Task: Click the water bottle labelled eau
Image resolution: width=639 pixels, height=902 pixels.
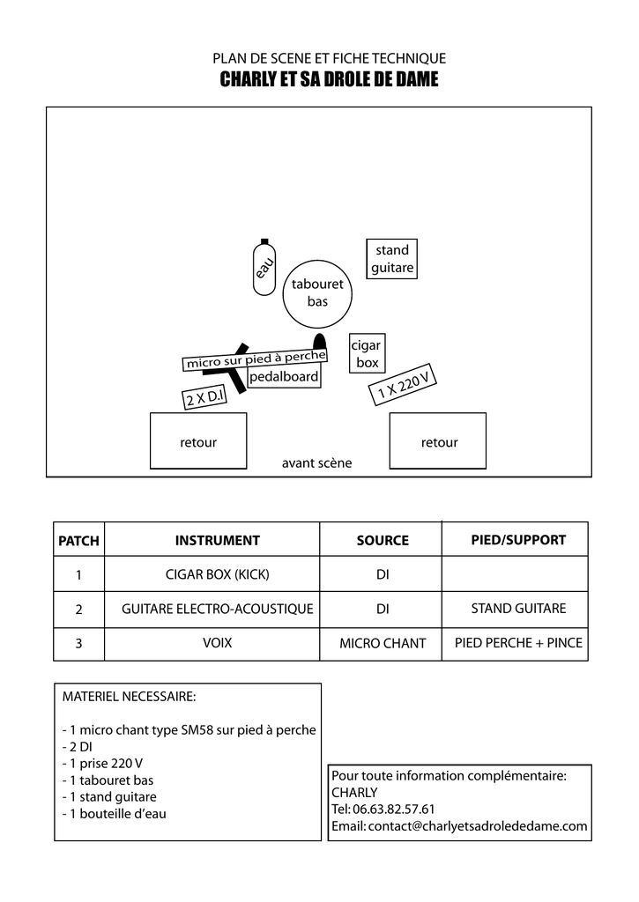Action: (264, 268)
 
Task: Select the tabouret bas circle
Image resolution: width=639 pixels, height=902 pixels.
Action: (317, 294)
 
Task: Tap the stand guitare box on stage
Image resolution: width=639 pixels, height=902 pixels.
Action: (392, 259)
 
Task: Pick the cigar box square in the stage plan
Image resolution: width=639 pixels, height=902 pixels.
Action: (368, 353)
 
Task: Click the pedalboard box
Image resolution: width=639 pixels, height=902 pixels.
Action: (284, 377)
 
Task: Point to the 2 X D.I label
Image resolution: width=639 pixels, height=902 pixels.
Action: (204, 396)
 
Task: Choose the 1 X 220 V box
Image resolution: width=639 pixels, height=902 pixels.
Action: (403, 384)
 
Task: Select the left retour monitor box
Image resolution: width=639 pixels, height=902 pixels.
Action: (198, 440)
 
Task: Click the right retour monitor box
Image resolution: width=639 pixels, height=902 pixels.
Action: (438, 440)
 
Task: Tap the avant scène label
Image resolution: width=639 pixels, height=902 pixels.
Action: (316, 463)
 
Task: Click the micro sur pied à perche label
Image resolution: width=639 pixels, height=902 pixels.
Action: (255, 359)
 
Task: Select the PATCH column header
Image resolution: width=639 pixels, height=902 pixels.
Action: (78, 540)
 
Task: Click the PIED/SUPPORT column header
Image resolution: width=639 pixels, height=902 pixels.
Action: (518, 540)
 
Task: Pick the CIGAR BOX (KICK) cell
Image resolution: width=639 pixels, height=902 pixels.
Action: (217, 574)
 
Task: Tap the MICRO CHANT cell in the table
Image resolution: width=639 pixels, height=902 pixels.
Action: (383, 643)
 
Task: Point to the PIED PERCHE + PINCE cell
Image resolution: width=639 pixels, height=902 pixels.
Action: (518, 642)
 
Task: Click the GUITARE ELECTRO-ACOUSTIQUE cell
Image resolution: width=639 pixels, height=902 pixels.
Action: (217, 609)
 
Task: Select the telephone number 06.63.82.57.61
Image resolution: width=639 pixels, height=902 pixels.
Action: (394, 809)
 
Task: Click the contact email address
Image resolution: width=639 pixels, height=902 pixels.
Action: (477, 826)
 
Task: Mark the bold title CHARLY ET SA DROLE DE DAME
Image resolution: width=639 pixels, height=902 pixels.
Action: (330, 78)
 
